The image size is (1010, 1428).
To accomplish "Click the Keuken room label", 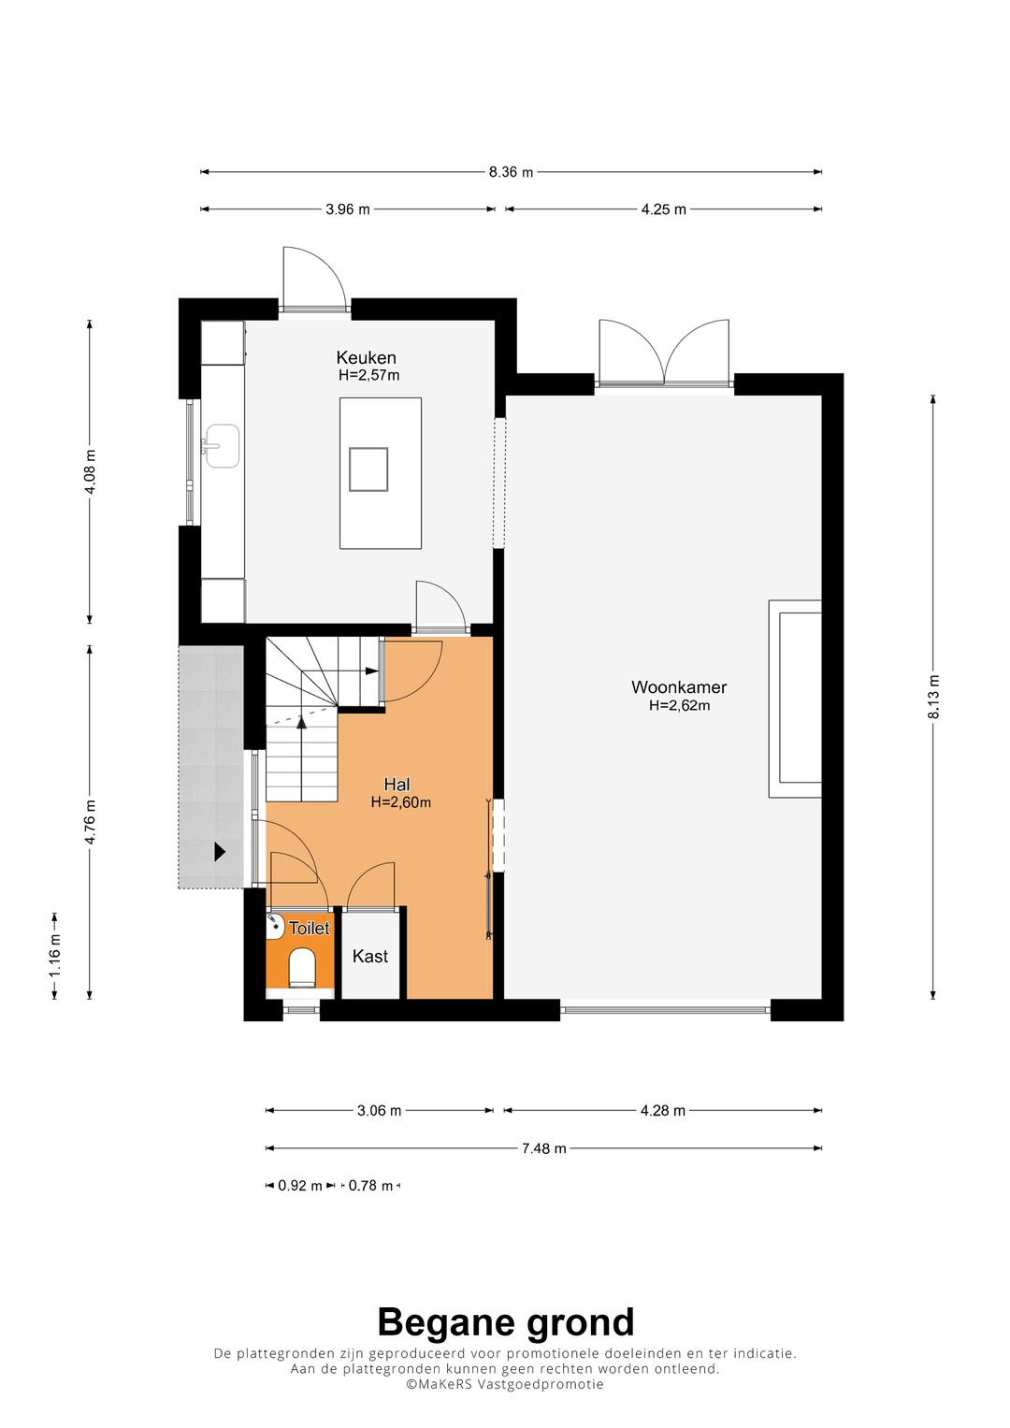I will (x=366, y=357).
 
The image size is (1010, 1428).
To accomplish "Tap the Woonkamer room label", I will (x=679, y=687).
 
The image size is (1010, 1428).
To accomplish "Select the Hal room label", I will (x=397, y=785).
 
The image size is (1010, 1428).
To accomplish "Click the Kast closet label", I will (x=370, y=956).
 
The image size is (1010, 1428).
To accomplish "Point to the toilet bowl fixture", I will (x=301, y=967).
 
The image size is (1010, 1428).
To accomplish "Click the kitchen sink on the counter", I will (x=223, y=445).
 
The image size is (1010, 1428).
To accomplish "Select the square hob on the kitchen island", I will (x=368, y=469).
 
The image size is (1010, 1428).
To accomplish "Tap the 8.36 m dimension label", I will (x=511, y=172).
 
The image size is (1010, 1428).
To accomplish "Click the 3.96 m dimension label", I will (x=347, y=209).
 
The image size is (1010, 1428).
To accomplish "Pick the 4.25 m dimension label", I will (x=663, y=209).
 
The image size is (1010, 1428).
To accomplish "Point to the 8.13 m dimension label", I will (x=933, y=697).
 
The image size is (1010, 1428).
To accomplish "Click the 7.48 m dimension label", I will (x=543, y=1148).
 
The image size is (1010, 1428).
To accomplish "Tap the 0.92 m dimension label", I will (x=299, y=1186).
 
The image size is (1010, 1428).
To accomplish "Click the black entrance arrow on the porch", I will (x=220, y=852).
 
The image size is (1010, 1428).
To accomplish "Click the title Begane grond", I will (x=505, y=1322).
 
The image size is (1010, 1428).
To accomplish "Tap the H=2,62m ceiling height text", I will (x=679, y=706).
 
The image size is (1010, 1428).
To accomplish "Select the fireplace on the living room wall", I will (x=796, y=699).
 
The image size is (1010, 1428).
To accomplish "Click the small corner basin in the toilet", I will (x=275, y=926).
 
